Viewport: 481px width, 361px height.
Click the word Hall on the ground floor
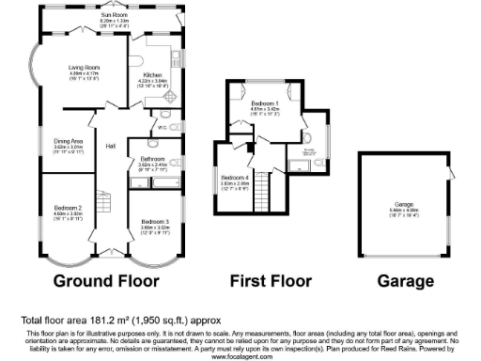(110, 146)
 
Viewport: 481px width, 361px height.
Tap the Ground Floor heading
(106, 280)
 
